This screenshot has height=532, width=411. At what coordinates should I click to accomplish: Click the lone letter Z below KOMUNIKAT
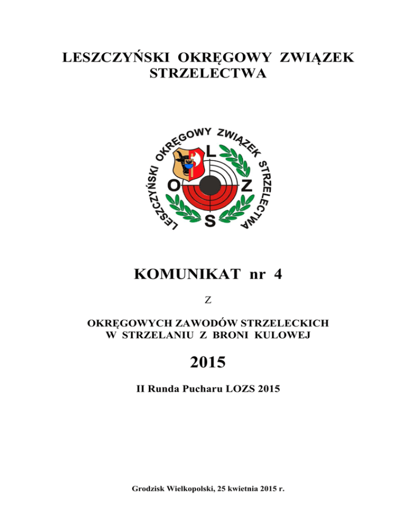pyautogui.click(x=205, y=301)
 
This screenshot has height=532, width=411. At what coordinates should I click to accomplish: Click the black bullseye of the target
pyautogui.click(x=209, y=186)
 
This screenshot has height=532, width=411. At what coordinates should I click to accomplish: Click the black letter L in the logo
pyautogui.click(x=211, y=153)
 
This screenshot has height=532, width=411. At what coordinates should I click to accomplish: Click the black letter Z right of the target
pyautogui.click(x=246, y=186)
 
